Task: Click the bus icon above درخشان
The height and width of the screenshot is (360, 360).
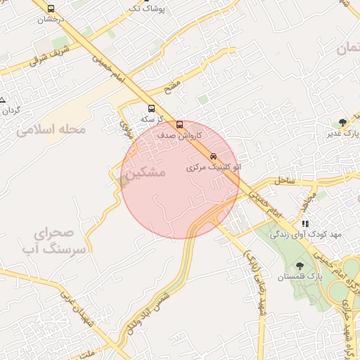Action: click(x=50, y=9)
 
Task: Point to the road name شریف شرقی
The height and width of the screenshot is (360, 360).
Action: click(x=51, y=56)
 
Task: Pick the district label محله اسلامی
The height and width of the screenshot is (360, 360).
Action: click(x=52, y=130)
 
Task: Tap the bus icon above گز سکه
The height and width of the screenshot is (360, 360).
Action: click(x=151, y=109)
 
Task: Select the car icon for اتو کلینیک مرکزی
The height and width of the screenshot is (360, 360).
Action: click(x=213, y=156)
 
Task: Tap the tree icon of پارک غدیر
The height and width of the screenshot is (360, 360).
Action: click(x=342, y=122)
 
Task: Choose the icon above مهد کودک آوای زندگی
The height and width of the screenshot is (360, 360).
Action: click(x=305, y=224)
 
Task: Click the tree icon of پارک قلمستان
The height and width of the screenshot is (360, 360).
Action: click(x=300, y=266)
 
